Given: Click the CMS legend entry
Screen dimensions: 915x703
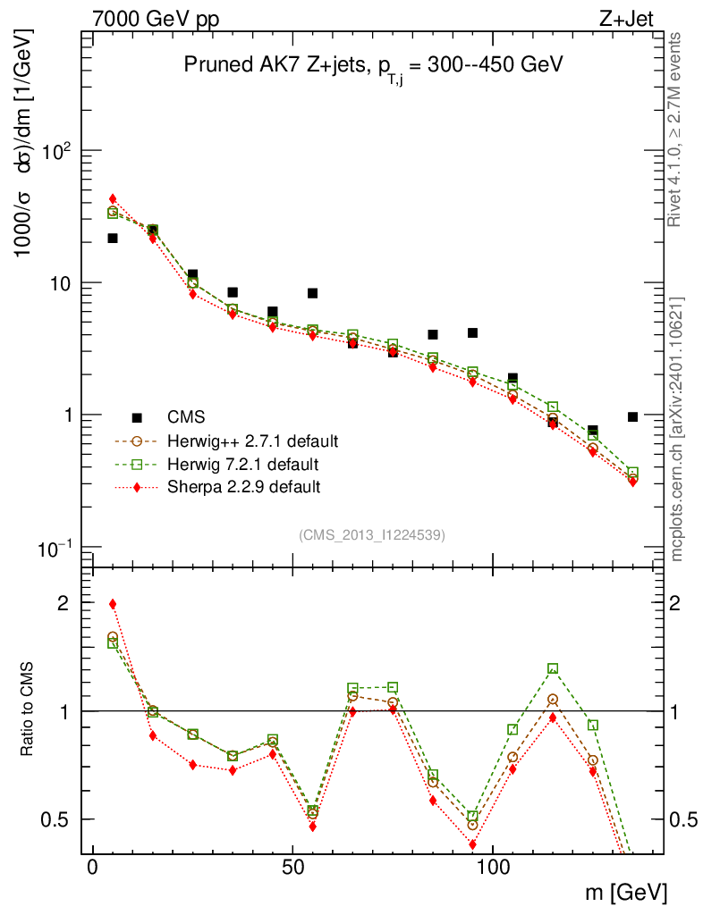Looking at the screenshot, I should [x=186, y=416].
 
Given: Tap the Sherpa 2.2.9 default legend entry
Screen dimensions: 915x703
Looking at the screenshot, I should [x=244, y=487].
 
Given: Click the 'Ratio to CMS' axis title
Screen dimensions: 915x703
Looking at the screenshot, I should [x=28, y=710].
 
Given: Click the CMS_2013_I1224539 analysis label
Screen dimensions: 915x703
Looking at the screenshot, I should [x=372, y=534].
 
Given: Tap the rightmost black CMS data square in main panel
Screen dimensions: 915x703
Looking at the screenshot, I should [x=632, y=416].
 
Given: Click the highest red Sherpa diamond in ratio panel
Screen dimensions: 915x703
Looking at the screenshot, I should [x=113, y=604].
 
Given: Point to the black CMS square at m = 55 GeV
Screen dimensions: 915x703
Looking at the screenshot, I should [x=313, y=293].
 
